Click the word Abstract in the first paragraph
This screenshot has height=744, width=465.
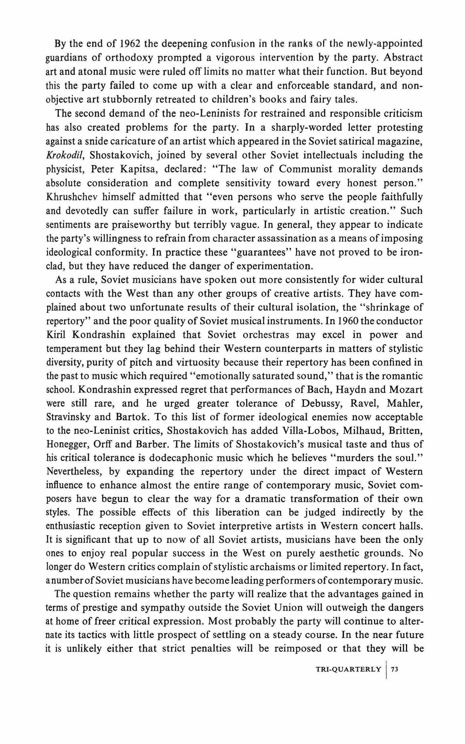[x=404, y=58]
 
